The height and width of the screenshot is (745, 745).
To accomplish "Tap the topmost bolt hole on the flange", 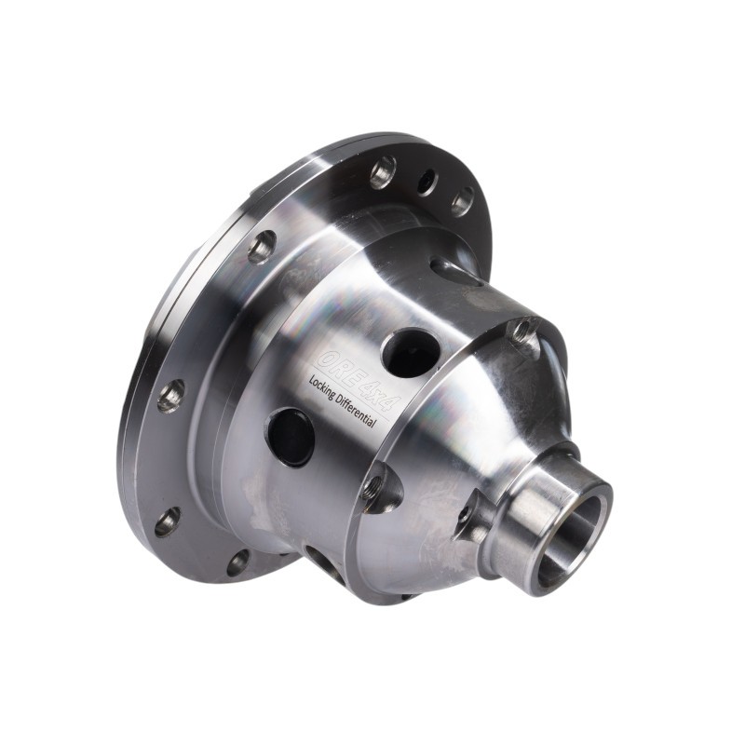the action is pos(383,172).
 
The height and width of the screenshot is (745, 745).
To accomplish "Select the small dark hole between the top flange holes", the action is pos(427,182).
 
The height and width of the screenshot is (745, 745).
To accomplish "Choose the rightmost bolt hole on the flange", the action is pos(462,201).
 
